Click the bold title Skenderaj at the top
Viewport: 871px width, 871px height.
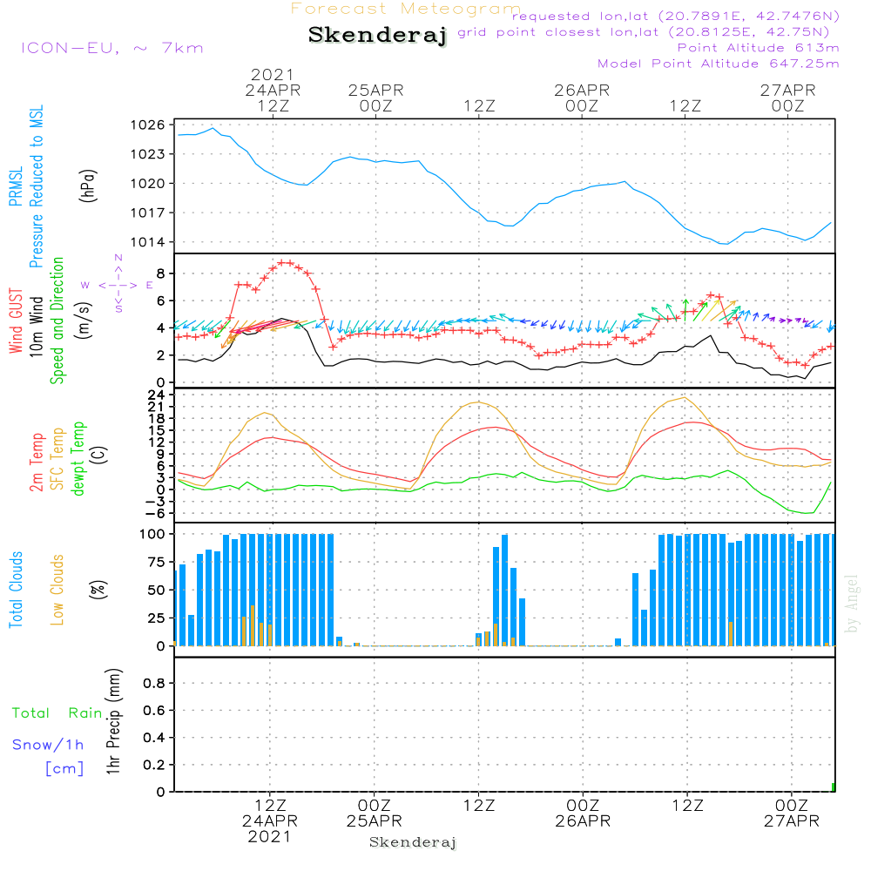coord(377,36)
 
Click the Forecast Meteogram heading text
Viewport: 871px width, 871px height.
coord(406,9)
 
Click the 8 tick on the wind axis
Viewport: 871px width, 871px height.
coord(160,273)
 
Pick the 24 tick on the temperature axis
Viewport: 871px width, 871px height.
coord(157,394)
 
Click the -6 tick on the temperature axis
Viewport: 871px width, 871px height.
coord(157,513)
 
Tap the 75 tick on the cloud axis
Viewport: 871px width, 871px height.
coord(157,562)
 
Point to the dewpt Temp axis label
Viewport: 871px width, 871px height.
coord(79,458)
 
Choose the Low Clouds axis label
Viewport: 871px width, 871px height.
coord(57,589)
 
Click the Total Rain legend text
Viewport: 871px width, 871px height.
coord(57,713)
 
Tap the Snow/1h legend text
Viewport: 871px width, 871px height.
coord(48,746)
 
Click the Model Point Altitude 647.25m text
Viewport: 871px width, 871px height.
coord(719,64)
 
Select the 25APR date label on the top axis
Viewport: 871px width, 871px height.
coord(375,90)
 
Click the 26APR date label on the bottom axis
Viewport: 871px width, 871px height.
coord(582,821)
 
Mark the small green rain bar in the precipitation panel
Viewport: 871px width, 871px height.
coord(833,787)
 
